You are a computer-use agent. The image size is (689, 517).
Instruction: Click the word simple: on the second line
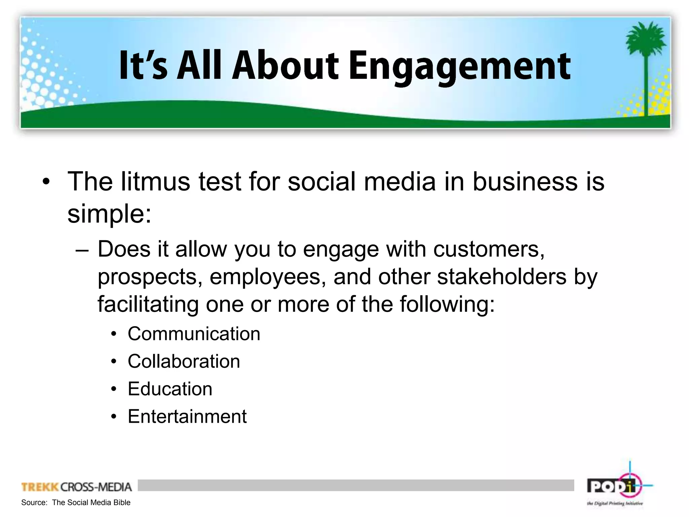pos(110,214)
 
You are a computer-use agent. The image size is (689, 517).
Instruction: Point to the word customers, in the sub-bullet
pos(489,249)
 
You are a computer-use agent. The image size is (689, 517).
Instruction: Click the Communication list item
pos(194,334)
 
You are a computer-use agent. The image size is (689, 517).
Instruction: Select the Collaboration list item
pos(184,361)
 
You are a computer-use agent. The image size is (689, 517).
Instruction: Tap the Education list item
pos(170,389)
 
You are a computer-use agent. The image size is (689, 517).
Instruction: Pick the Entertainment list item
pos(187,417)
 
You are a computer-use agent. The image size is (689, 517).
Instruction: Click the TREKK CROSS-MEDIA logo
pos(77,487)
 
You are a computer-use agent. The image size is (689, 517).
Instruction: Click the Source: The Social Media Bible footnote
pos(76,503)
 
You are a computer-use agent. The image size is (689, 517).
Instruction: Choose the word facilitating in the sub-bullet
pos(148,305)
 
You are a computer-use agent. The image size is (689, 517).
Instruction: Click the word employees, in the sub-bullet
pos(268,277)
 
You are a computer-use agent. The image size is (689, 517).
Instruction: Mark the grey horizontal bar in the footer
pos(356,485)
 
